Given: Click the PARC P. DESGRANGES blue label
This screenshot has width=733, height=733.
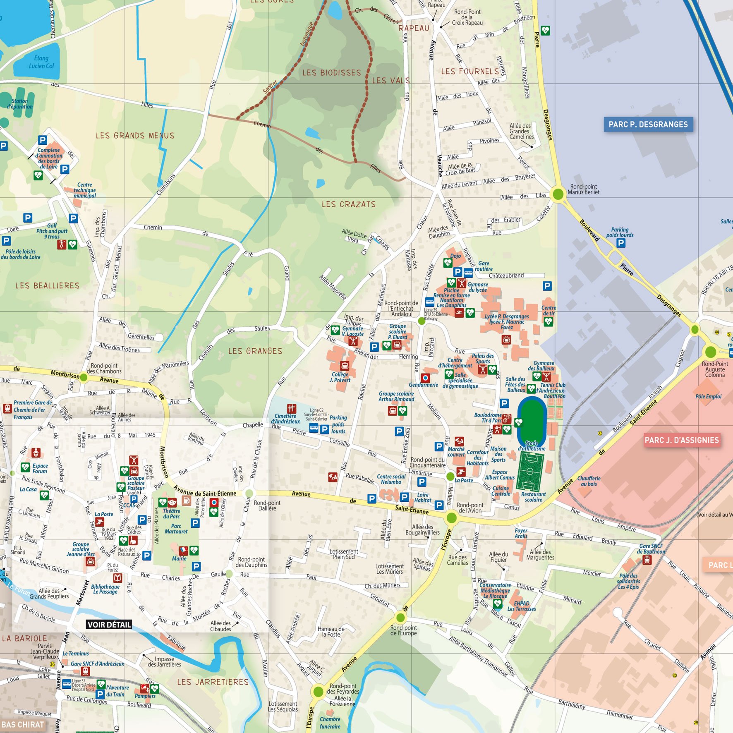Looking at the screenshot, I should [648, 125].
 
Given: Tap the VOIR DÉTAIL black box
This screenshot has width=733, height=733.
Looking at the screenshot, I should [109, 624].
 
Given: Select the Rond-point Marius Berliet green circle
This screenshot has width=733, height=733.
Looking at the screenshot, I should [558, 194].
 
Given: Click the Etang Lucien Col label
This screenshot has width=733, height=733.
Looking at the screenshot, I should [41, 62].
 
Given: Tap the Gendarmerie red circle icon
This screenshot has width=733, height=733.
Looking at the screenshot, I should [425, 378].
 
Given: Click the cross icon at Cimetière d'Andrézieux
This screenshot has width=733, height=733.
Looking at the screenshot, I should [292, 409].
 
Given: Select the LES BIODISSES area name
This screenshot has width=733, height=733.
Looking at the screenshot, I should [331, 73].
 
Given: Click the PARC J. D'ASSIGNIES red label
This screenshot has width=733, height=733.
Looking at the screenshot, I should [682, 440].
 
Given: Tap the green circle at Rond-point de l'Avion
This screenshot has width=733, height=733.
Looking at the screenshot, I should [452, 517].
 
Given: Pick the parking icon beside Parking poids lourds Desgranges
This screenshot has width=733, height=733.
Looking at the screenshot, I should [620, 243].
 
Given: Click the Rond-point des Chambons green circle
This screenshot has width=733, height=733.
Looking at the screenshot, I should [84, 377].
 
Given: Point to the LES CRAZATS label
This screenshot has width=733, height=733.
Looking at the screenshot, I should [349, 204].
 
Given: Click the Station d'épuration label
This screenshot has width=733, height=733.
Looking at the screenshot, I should [19, 104].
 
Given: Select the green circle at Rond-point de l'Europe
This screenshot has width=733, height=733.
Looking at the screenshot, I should [400, 618].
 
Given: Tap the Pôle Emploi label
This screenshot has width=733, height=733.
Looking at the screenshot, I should [708, 396].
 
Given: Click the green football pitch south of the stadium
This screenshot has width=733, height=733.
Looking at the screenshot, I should [530, 472].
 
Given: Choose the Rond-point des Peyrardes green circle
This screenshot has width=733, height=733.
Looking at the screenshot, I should [318, 691].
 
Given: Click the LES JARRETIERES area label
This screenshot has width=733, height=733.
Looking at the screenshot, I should [213, 682].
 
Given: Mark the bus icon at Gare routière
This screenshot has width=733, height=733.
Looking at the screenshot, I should [468, 272].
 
